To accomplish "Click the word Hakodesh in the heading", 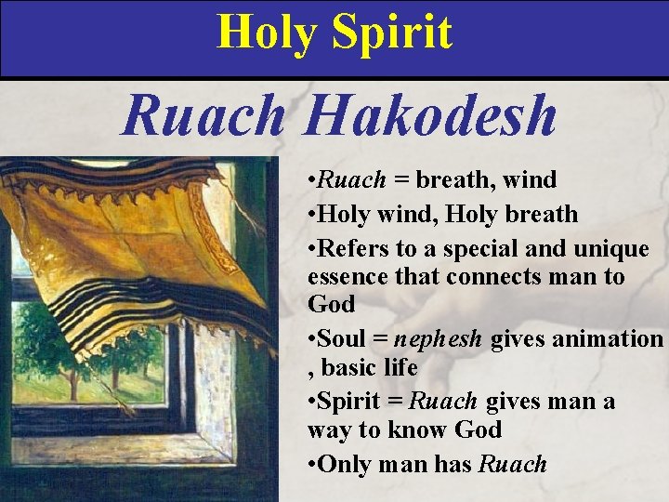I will (x=430, y=116).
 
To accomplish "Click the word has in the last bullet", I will (x=452, y=464).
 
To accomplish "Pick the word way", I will (x=326, y=429).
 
